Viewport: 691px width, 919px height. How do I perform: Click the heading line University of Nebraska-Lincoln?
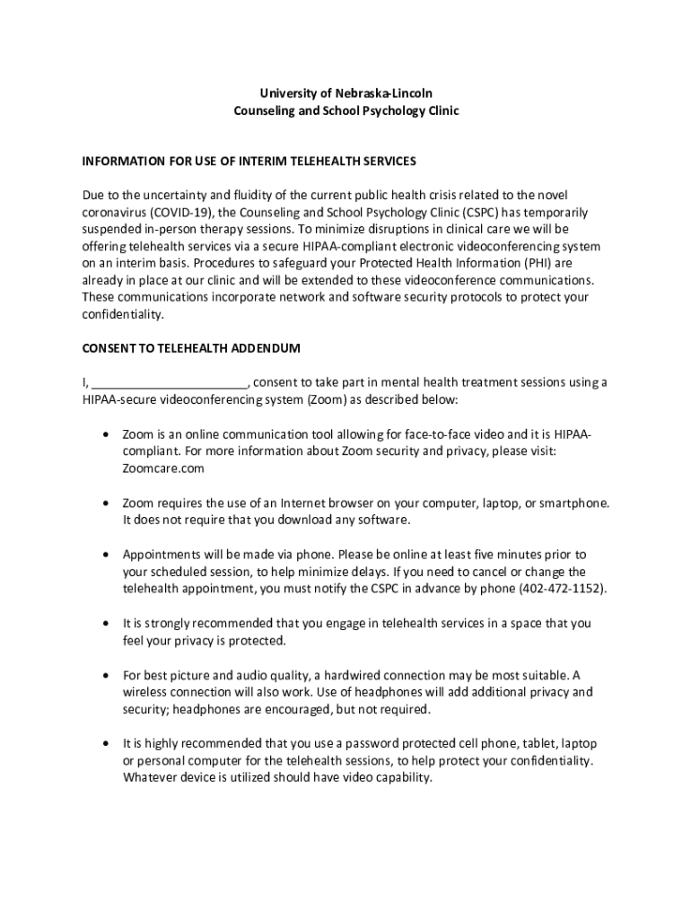point(345,93)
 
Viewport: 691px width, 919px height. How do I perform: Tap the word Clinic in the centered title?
point(438,111)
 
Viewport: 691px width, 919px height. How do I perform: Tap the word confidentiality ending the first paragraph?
point(123,315)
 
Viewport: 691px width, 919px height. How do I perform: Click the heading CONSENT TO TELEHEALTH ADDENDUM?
point(191,348)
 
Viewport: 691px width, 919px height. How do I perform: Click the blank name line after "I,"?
point(170,382)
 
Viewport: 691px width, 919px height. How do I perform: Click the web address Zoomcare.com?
point(163,468)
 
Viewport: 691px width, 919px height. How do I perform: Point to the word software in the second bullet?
point(380,520)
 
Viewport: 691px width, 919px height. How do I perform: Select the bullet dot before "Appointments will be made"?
point(107,555)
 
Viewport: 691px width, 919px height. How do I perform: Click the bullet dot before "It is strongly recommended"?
point(107,623)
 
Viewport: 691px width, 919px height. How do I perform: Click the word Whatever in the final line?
point(149,778)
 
